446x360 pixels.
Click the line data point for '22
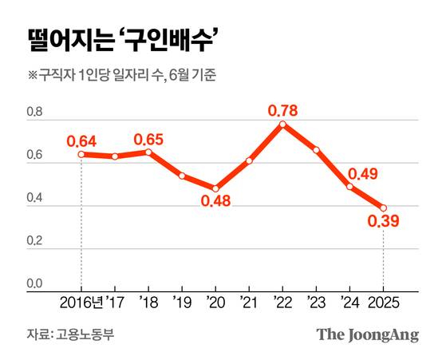tap(282, 124)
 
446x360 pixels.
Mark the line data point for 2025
tap(384, 207)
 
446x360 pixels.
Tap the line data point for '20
tap(215, 188)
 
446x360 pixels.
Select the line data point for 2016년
tap(81, 153)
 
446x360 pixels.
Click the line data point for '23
tap(317, 150)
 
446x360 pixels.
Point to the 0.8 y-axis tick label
tap(34, 114)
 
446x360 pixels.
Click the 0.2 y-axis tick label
tap(34, 242)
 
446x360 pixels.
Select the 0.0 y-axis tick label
tap(34, 284)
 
